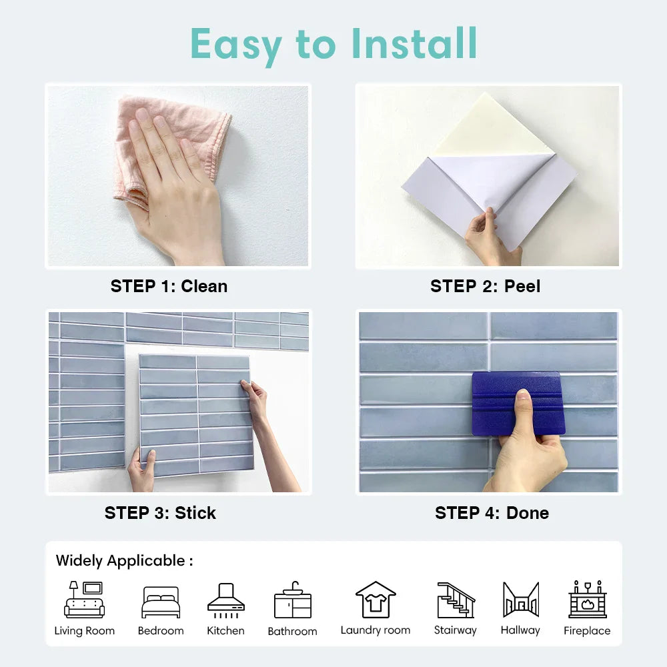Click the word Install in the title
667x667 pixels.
coord(414,43)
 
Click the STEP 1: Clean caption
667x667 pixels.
coord(169,286)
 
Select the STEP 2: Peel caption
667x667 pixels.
coord(486,286)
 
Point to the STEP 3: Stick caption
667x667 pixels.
coord(160,513)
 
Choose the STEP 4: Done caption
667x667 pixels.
coord(492,513)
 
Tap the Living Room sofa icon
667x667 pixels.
coord(84,600)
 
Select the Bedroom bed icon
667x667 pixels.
coord(161,602)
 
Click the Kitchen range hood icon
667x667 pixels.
coord(226,600)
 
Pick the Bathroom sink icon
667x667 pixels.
coord(293,600)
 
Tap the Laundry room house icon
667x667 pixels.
coord(376,600)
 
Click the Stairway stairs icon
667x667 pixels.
coord(456,600)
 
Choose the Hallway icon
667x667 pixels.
coord(521,600)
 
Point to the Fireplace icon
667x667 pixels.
coord(588,600)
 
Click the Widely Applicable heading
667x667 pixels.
coord(124,561)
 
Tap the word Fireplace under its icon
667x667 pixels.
coord(587,631)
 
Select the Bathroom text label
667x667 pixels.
coord(293,631)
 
